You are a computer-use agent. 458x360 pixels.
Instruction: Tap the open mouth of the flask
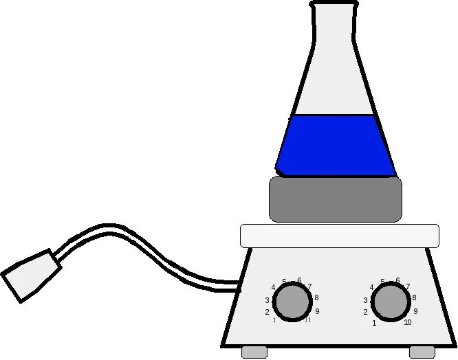[334, 5]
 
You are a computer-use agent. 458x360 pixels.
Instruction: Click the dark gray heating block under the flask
[335, 199]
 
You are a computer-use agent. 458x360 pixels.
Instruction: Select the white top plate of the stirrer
[339, 235]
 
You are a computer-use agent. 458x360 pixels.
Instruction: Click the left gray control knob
[292, 302]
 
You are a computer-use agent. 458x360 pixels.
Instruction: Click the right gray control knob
[390, 302]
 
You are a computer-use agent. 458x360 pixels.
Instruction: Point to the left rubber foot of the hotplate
[254, 352]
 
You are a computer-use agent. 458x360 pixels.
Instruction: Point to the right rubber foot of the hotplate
[422, 352]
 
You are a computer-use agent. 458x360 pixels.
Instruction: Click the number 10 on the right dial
[407, 322]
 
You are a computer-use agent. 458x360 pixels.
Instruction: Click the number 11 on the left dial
[308, 319]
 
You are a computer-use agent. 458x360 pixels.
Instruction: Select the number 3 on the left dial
[267, 300]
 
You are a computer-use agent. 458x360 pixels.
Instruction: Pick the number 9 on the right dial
[415, 311]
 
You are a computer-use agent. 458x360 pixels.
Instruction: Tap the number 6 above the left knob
[299, 280]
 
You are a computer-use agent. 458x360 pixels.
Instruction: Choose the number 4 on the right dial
[372, 287]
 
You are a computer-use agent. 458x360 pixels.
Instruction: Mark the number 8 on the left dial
[316, 297]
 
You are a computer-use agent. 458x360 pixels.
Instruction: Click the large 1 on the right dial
[374, 323]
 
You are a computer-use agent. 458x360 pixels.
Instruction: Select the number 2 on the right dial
[365, 312]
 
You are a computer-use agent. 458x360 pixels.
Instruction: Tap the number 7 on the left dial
[309, 286]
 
